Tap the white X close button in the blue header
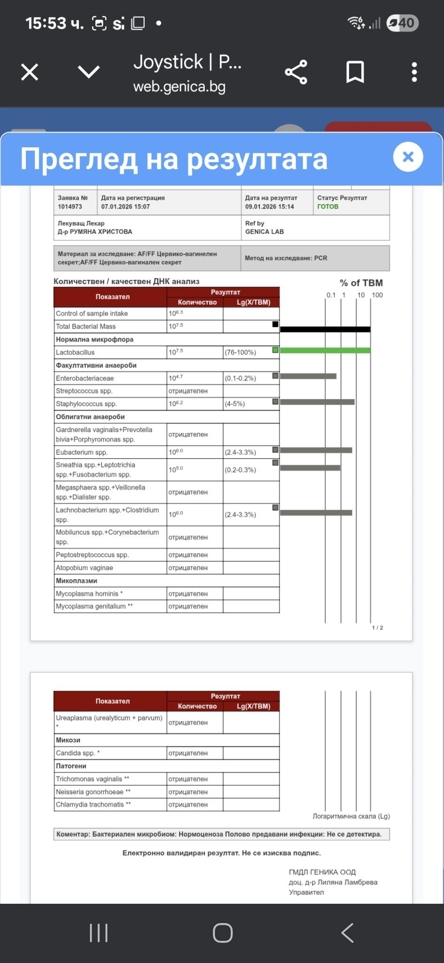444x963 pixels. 408,157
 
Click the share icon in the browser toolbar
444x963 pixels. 296,72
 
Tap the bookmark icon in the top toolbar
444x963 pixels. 355,72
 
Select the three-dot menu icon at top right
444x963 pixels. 414,72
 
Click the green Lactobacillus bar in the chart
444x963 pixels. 325,350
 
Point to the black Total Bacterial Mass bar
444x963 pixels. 325,330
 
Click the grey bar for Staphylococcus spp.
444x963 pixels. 317,402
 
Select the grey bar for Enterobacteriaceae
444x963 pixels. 308,376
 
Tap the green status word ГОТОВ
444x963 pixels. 327,206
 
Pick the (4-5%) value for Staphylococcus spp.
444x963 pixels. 235,404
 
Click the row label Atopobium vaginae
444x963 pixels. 85,568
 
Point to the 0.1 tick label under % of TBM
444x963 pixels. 331,295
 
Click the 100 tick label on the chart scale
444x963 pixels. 377,295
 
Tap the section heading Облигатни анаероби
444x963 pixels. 90,417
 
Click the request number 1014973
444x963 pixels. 70,206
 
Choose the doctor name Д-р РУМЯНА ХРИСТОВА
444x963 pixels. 95,232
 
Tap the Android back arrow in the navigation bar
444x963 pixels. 347,933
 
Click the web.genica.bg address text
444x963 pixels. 179,87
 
